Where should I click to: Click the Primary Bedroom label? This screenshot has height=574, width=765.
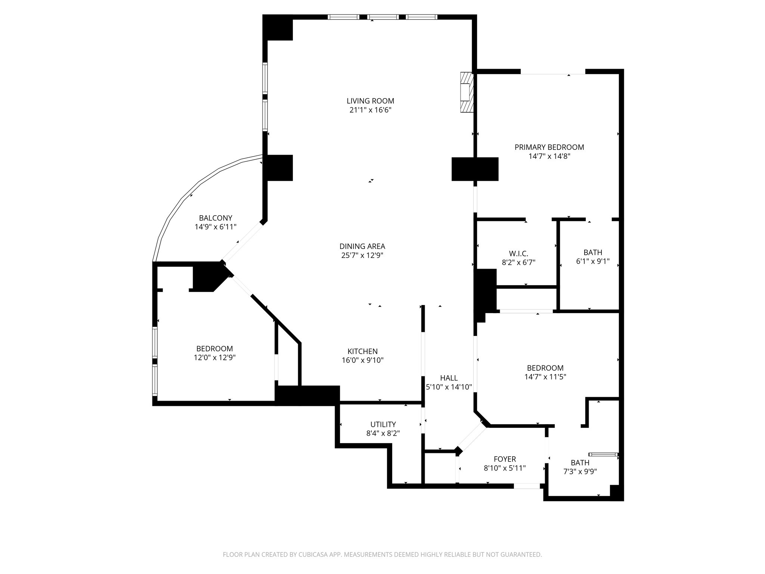pos(549,147)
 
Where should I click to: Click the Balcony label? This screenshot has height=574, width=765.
pos(216,218)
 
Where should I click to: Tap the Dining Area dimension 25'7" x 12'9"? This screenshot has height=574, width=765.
pos(362,256)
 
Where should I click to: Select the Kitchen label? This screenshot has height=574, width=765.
pos(362,351)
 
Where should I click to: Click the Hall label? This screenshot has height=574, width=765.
pos(449,378)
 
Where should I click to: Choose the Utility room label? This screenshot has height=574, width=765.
pos(383,425)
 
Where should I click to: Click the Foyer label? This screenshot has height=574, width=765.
pos(505,459)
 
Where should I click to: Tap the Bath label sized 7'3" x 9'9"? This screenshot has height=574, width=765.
pos(580,463)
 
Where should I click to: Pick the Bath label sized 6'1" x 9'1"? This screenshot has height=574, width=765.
pos(593,253)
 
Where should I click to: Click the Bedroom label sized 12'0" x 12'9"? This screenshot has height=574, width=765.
pos(214,348)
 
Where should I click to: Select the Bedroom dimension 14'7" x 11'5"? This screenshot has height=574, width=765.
pos(545,377)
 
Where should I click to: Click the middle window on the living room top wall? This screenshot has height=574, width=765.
pos(382,17)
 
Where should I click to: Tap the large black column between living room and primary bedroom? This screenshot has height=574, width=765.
pos(475,169)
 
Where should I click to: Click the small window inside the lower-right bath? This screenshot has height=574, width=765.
pos(603,454)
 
